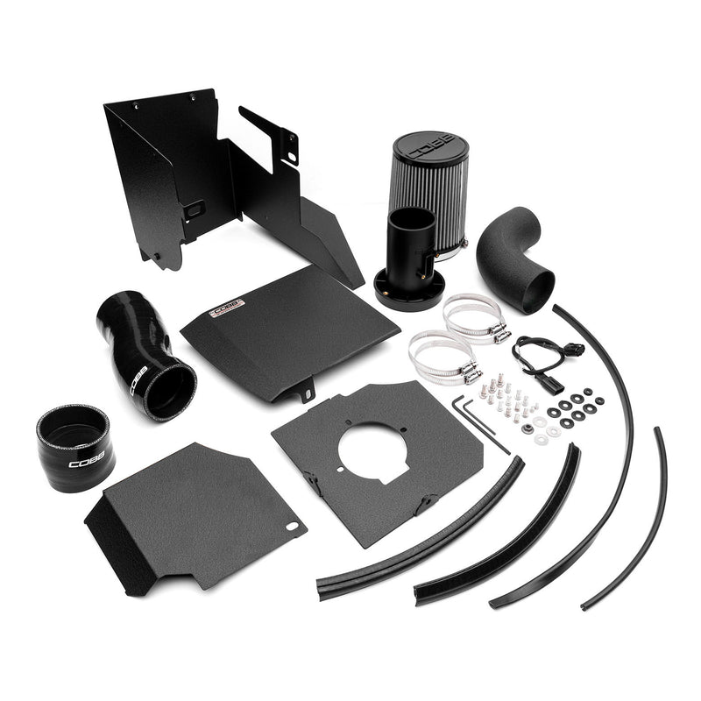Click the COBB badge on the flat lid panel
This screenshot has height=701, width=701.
(x=227, y=309)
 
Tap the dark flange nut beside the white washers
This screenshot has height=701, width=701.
(x=527, y=428)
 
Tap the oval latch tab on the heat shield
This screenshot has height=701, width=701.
(x=195, y=209)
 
